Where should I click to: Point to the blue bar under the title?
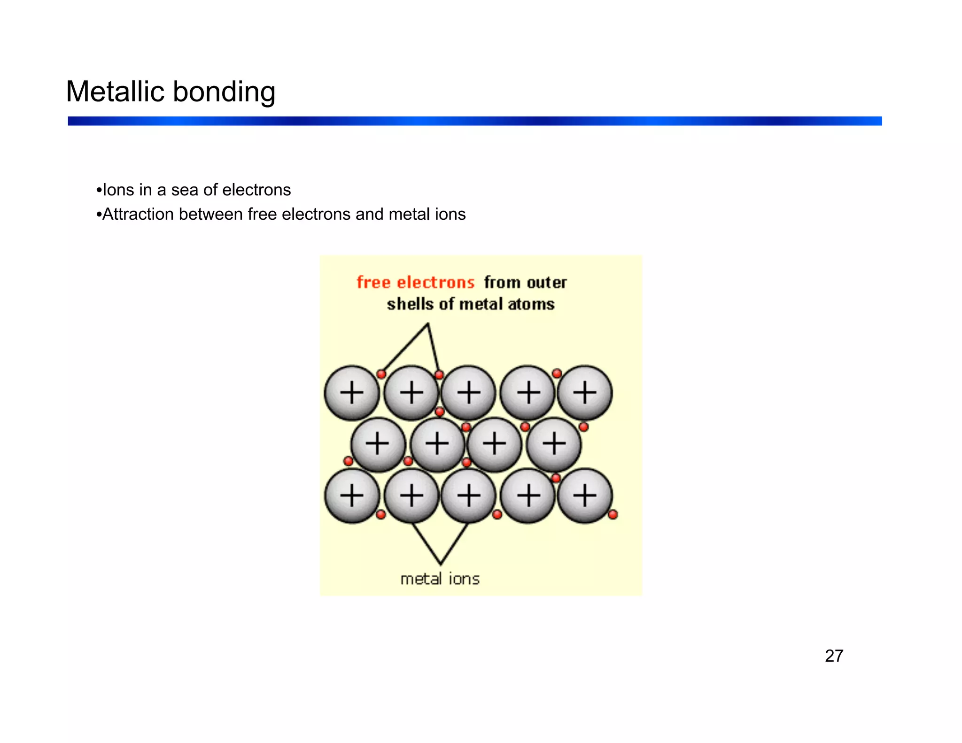[x=474, y=121]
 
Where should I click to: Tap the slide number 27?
[x=834, y=656]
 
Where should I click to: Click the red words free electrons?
[x=416, y=282]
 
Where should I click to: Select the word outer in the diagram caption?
[x=547, y=282]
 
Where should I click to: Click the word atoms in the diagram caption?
[x=531, y=304]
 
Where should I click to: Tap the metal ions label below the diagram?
[x=440, y=579]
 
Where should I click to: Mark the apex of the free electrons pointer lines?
[x=428, y=324]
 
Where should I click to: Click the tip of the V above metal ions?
[x=440, y=564]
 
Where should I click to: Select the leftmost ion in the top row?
[x=352, y=393]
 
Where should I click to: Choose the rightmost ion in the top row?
[x=585, y=393]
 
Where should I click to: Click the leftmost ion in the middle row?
[x=378, y=444]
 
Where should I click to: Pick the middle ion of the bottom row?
[x=469, y=495]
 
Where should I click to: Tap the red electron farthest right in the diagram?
[x=613, y=515]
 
